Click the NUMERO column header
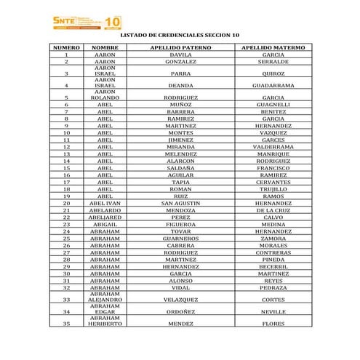66,47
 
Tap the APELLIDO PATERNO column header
180,47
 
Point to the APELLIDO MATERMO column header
273,47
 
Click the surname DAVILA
180,55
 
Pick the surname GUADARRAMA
273,85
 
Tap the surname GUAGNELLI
273,105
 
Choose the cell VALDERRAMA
273,147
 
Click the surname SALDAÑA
180,168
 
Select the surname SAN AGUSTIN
180,203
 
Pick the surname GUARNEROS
180,238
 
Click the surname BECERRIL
273,266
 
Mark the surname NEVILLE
273,311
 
